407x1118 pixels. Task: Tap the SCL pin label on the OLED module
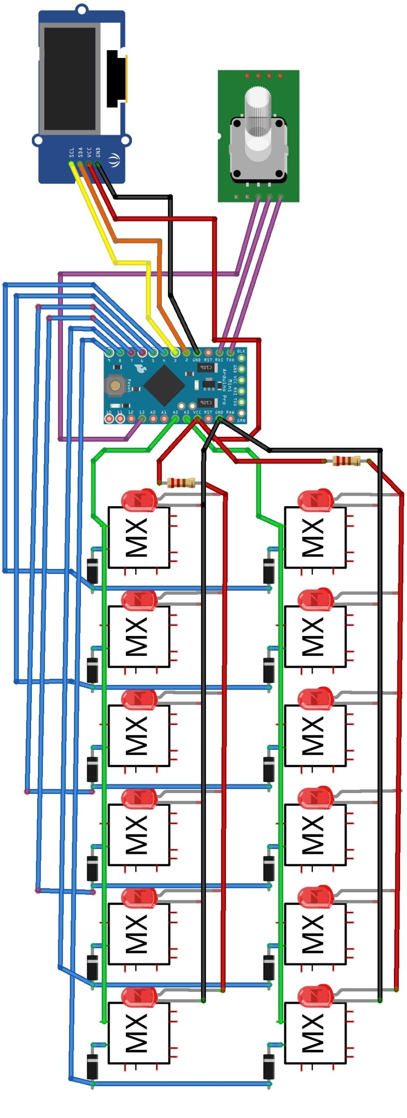pos(72,152)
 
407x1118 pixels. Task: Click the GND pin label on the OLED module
pos(98,152)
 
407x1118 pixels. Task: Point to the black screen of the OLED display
pos(70,79)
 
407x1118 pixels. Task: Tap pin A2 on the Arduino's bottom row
pos(175,418)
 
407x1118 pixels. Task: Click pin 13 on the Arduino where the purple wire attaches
pos(142,418)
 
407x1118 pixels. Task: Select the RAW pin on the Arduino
pos(230,418)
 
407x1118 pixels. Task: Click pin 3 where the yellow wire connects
pos(175,352)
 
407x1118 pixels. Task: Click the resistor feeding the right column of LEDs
pos(346,460)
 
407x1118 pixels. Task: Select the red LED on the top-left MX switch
pos(139,500)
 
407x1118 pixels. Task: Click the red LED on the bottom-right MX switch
pos(316,997)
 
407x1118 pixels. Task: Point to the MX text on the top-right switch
pos(313,537)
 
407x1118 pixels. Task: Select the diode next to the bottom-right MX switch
pos(269,1066)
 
